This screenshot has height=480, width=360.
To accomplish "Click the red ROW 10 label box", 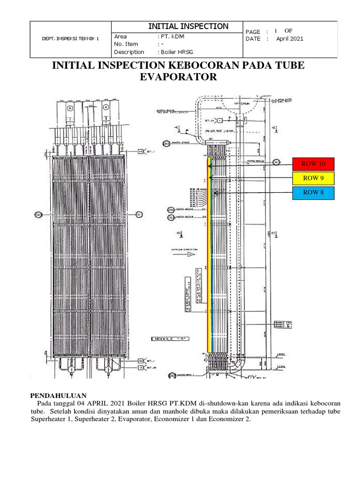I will point(313,165).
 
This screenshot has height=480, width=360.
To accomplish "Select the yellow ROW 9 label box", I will point(313,179).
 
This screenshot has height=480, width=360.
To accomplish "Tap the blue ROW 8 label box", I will point(313,193).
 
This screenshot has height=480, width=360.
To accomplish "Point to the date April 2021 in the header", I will point(290,39).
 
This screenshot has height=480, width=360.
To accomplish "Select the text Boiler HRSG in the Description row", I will point(177,52).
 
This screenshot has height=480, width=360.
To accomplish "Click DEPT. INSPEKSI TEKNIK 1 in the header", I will point(71,39).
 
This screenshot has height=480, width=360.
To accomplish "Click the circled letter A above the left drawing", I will point(105,107).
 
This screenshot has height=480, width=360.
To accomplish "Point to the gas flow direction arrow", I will point(191,254).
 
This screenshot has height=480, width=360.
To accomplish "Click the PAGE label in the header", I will point(253,31).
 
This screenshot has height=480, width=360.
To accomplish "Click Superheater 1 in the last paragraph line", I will point(51,420).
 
